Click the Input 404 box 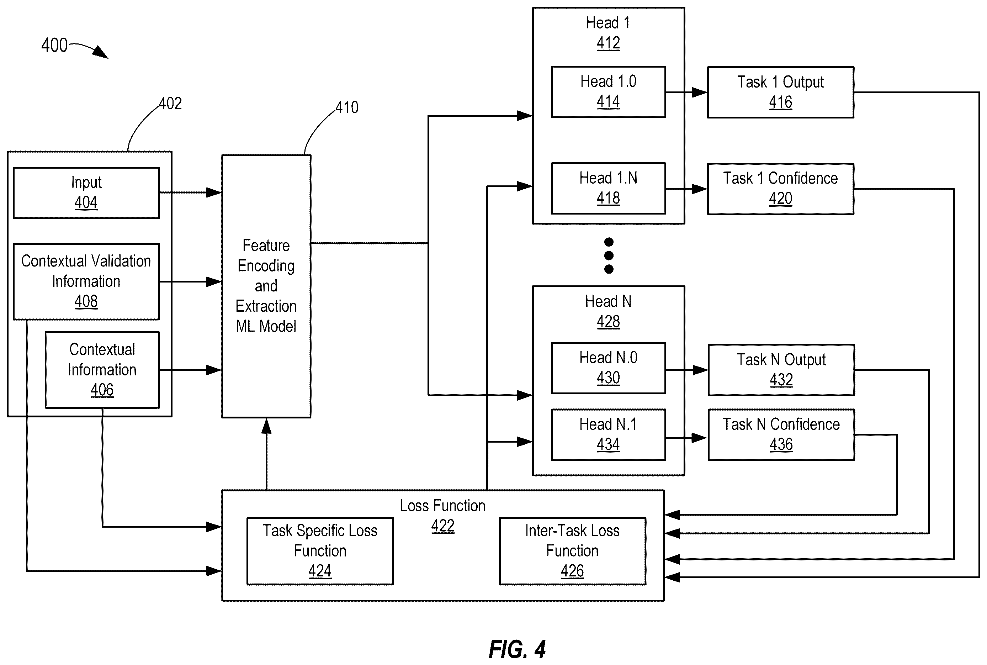[86, 193]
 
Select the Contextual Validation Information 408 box [86, 281]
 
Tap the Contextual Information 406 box [102, 370]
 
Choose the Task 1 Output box [780, 92]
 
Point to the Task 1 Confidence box [780, 189]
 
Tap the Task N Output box [781, 370]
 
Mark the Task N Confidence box [781, 435]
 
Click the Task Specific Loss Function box [320, 551]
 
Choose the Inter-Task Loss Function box [572, 551]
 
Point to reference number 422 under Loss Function [442, 526]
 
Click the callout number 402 [170, 104]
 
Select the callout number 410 [347, 108]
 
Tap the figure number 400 [54, 45]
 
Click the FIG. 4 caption [517, 649]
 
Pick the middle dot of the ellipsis [609, 255]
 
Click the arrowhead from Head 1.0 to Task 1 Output [700, 92]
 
